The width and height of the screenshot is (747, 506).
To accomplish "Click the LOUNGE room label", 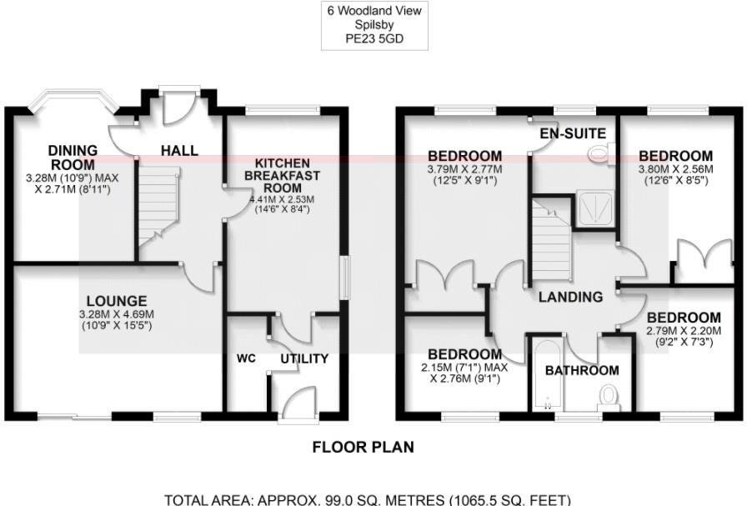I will pyautogui.click(x=120, y=301).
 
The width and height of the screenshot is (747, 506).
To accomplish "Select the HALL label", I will pyautogui.click(x=179, y=151).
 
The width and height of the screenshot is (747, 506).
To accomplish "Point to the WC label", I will pyautogui.click(x=245, y=358).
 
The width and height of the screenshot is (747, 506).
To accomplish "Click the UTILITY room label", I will pyautogui.click(x=304, y=358).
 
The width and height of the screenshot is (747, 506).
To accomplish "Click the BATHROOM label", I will pyautogui.click(x=582, y=370).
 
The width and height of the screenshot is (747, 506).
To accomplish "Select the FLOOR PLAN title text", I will pyautogui.click(x=363, y=447).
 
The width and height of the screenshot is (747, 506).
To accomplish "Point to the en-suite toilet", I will pyautogui.click(x=600, y=153).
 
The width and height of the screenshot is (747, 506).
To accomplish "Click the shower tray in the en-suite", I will pyautogui.click(x=597, y=208).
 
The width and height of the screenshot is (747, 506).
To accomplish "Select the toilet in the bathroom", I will pyautogui.click(x=609, y=394).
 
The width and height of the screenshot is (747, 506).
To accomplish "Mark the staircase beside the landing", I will pyautogui.click(x=550, y=242).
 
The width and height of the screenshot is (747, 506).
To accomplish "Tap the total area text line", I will pyautogui.click(x=368, y=499).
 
